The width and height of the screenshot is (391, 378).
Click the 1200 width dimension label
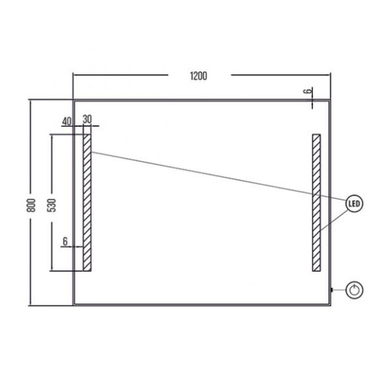coord(199,76)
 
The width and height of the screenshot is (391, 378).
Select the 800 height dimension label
coord(31,205)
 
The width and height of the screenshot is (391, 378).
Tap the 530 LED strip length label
coord(52,205)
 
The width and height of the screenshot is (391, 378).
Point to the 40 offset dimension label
coord(66,121)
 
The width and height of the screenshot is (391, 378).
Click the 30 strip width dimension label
coord(88,119)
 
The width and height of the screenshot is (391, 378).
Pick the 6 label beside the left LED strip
coord(65,241)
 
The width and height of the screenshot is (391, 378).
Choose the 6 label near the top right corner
coord(308,91)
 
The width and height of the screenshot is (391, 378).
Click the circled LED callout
coord(354,203)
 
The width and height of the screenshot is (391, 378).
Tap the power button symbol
coord(354,290)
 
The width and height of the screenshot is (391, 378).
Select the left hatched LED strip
coord(87,203)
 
